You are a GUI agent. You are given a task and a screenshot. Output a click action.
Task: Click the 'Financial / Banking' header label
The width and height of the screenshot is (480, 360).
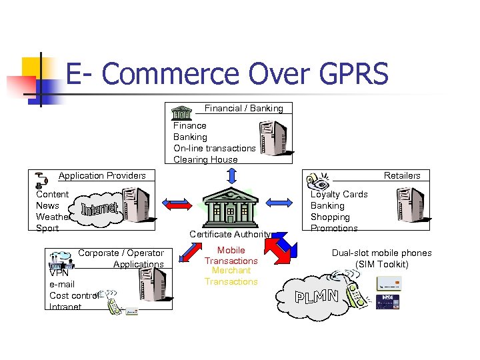[243, 108]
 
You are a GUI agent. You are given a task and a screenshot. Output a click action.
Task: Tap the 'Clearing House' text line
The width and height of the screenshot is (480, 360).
[205, 159]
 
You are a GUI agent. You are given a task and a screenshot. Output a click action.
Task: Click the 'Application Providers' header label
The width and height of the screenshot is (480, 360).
[102, 175]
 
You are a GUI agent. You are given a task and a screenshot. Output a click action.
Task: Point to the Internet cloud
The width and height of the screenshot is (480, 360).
[101, 209]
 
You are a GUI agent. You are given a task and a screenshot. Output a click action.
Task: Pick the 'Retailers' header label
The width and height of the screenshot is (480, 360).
[402, 175]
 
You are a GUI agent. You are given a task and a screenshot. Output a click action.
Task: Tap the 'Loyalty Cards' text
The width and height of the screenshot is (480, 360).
[339, 194]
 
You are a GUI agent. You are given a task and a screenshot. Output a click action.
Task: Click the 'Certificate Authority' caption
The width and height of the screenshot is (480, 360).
[230, 234]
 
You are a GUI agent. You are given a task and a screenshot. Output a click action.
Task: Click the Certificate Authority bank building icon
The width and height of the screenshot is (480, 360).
[229, 207]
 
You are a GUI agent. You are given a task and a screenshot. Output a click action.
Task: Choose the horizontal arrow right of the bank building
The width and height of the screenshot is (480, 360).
[283, 202]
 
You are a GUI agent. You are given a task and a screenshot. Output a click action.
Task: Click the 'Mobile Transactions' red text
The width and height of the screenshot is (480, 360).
[231, 255]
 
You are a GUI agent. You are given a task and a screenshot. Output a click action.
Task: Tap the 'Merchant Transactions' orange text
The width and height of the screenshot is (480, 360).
[231, 276]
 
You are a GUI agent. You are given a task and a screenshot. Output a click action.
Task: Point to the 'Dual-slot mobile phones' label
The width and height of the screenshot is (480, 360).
[381, 253]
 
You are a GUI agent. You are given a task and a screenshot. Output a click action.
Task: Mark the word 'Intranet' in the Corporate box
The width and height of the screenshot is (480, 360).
[65, 307]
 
